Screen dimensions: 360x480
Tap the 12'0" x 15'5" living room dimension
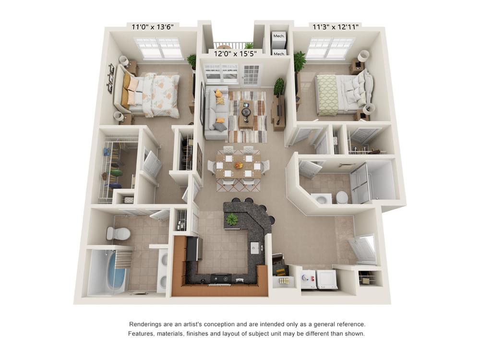tap(235, 53)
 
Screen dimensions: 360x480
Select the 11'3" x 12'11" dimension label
tap(336, 27)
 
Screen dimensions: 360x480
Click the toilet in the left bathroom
tap(118, 234)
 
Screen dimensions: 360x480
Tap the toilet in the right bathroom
tap(341, 197)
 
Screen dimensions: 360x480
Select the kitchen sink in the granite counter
tap(255, 248)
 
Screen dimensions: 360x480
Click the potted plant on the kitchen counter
tap(232, 219)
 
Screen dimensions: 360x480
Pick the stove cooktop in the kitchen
tap(222, 278)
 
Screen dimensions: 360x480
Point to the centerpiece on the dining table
tap(239, 166)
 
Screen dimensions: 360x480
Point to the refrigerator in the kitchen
tap(194, 248)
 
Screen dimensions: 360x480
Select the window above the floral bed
tap(158, 48)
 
